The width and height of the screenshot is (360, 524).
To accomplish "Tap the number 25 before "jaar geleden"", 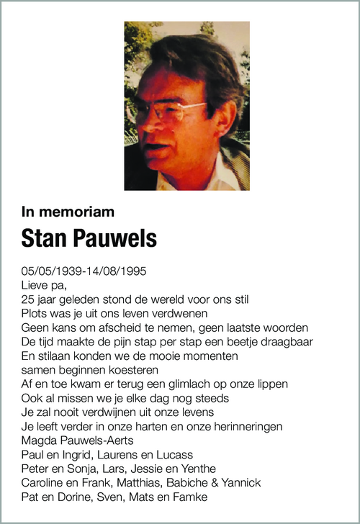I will coord(28,299).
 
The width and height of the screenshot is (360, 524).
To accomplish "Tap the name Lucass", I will coord(175,455).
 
